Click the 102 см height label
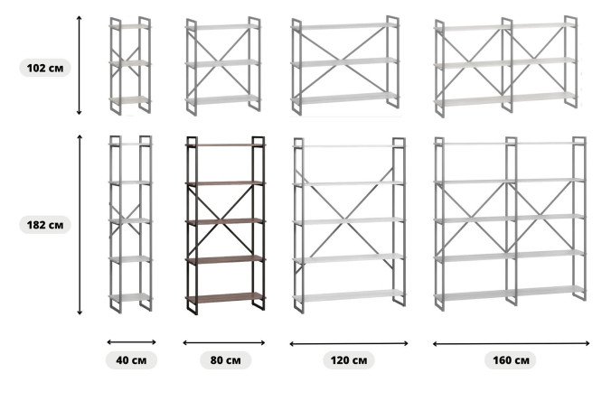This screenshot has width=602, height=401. [45, 68]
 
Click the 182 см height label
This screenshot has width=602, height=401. [45, 225]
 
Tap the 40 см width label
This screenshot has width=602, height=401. [131, 360]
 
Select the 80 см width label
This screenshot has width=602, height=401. [226, 360]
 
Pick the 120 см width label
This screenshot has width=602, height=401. [349, 360]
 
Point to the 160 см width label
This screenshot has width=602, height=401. [511, 360]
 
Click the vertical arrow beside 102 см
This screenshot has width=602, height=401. [79, 65]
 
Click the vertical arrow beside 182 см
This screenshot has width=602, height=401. [80, 225]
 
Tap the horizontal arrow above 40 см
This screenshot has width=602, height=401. [132, 342]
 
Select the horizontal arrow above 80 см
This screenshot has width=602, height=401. [224, 342]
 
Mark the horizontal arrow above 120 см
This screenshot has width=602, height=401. [349, 344]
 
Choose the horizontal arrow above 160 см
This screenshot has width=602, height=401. [511, 344]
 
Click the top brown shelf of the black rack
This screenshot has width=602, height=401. [225, 145]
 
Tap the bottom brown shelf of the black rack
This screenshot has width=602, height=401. [225, 296]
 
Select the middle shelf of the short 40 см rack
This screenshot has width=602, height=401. [130, 63]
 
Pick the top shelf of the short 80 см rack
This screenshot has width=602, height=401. [222, 27]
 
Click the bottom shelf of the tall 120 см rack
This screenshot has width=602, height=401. [349, 295]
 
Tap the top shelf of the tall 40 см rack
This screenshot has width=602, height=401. [131, 144]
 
